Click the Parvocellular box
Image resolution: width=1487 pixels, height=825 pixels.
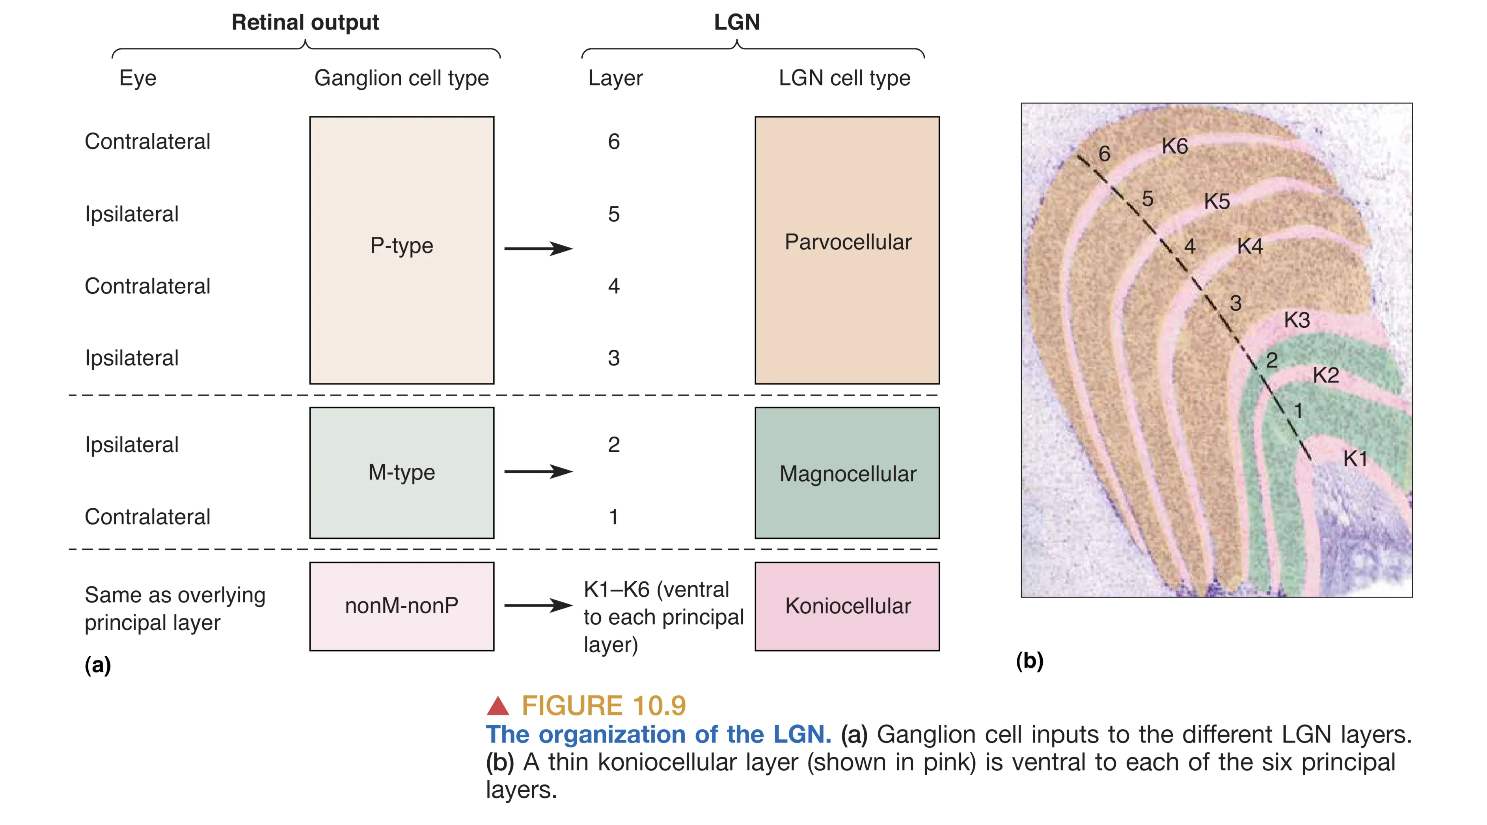[x=847, y=250]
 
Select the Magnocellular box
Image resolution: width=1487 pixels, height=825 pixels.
[x=847, y=473]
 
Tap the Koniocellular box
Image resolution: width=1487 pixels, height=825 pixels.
[x=847, y=606]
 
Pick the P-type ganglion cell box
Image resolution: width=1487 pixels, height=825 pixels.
[x=401, y=250]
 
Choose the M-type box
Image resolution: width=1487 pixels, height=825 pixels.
[x=401, y=473]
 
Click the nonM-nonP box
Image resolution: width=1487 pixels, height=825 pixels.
[x=401, y=606]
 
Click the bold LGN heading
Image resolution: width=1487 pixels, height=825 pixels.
[x=736, y=22]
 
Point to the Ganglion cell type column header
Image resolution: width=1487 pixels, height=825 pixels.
[x=401, y=78]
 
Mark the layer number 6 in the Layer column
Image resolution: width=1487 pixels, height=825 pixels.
[x=614, y=142]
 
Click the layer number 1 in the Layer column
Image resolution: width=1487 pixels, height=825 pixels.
[x=614, y=517]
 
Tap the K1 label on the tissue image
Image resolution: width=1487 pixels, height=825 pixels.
[x=1355, y=459]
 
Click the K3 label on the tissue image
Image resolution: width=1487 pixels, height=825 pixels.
[x=1297, y=320]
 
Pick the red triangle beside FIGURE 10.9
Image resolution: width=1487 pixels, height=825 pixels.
[x=498, y=706]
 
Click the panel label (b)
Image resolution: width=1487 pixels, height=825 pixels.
[x=1029, y=661]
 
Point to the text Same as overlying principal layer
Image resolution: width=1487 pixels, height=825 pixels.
[x=175, y=608]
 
